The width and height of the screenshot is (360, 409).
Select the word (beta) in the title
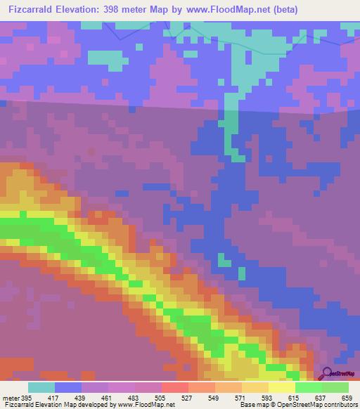pos(283,10)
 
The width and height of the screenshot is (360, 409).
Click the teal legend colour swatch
pos(41,387)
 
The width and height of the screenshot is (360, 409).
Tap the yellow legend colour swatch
pos(282,387)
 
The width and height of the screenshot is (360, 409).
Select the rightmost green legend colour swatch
pos(335,387)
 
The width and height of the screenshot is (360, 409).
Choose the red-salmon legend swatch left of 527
pos(175,387)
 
